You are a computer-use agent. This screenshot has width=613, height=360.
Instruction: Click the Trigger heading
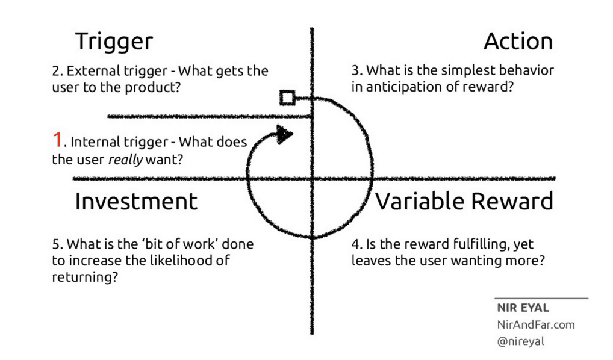click(x=114, y=42)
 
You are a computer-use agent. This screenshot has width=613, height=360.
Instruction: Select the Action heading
click(x=518, y=42)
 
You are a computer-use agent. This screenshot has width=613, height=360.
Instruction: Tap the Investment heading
click(x=136, y=202)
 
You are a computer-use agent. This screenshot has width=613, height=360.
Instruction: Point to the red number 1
click(x=57, y=141)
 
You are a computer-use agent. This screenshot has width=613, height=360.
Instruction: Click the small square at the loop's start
click(x=287, y=98)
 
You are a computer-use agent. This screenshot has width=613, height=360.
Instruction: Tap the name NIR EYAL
click(x=523, y=308)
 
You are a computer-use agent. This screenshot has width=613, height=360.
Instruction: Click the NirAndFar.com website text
click(x=535, y=325)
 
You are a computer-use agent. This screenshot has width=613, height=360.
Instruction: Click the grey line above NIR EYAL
click(x=541, y=298)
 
